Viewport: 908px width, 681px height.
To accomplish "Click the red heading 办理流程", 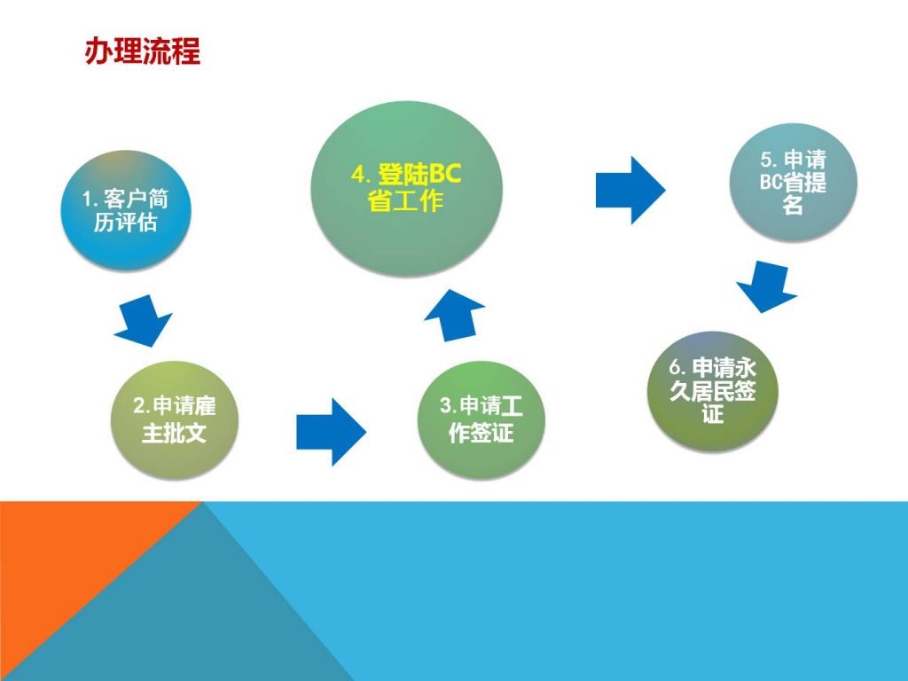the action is coord(143,51).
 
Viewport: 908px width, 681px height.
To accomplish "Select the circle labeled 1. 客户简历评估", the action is coord(126,210).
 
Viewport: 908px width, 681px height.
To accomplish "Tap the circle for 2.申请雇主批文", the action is coord(175,419).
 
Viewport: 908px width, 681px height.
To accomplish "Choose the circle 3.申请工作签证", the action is coord(481,419).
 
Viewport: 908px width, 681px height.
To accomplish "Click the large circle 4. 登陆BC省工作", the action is coord(406,189).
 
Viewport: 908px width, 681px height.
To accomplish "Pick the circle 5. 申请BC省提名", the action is coord(793,182).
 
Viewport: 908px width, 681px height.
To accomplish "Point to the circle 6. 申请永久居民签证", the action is coord(712,391).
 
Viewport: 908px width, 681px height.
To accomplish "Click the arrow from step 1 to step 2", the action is coord(143,320).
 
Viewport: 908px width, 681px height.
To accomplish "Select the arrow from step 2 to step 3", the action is coord(332,432).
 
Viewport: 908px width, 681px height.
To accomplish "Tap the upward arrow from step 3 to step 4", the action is coord(455,315).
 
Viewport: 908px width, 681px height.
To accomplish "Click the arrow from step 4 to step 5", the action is coord(630,190).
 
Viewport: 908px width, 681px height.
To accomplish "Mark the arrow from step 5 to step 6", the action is coord(767,286).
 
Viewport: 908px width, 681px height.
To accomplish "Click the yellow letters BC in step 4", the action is coord(445,173).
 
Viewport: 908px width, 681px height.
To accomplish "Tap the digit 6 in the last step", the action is coord(675,366).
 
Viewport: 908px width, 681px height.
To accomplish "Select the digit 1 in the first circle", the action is coord(86,199).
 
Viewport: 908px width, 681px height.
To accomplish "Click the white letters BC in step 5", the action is coord(771,182).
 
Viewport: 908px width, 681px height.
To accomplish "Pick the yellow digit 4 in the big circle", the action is coord(356,174).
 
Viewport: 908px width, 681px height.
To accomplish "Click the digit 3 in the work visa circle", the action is coord(445,404).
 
